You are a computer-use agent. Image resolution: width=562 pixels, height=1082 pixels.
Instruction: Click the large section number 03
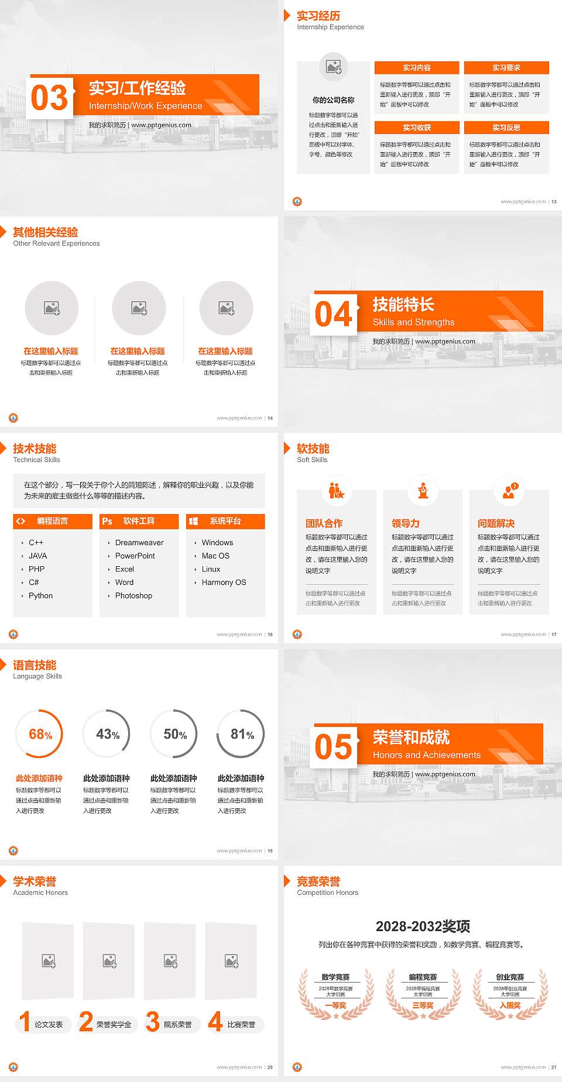50,98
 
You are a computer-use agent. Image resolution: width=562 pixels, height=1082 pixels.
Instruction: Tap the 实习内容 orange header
417,68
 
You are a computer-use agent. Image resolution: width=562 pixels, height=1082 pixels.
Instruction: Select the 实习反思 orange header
506,128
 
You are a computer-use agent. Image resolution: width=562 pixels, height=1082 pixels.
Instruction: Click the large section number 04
334,314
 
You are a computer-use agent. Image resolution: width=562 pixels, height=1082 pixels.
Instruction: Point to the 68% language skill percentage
40,734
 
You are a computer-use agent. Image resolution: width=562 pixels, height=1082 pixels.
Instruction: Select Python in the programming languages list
40,595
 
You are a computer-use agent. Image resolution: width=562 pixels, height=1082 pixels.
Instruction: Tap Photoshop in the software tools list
133,595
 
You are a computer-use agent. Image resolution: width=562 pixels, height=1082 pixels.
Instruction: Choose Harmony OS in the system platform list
224,583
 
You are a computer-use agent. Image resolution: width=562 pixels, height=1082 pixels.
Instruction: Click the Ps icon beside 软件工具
107,521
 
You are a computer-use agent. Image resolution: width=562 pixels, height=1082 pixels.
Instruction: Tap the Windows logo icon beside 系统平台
194,521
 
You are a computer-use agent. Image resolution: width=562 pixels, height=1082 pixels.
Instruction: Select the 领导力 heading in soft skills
405,523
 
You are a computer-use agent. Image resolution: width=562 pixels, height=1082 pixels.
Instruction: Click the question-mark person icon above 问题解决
509,490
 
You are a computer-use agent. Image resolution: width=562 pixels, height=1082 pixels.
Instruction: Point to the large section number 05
334,747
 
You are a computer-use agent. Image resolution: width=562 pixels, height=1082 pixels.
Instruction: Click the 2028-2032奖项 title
423,926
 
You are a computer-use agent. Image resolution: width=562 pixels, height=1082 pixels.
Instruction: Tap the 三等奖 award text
423,1005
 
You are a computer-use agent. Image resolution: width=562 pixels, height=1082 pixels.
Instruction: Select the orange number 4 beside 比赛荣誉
215,1022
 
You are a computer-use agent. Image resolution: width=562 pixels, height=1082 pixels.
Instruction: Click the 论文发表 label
49,1025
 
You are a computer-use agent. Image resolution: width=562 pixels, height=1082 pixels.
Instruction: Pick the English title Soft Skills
312,460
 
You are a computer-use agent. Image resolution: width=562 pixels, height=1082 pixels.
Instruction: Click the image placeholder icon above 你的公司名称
334,67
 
